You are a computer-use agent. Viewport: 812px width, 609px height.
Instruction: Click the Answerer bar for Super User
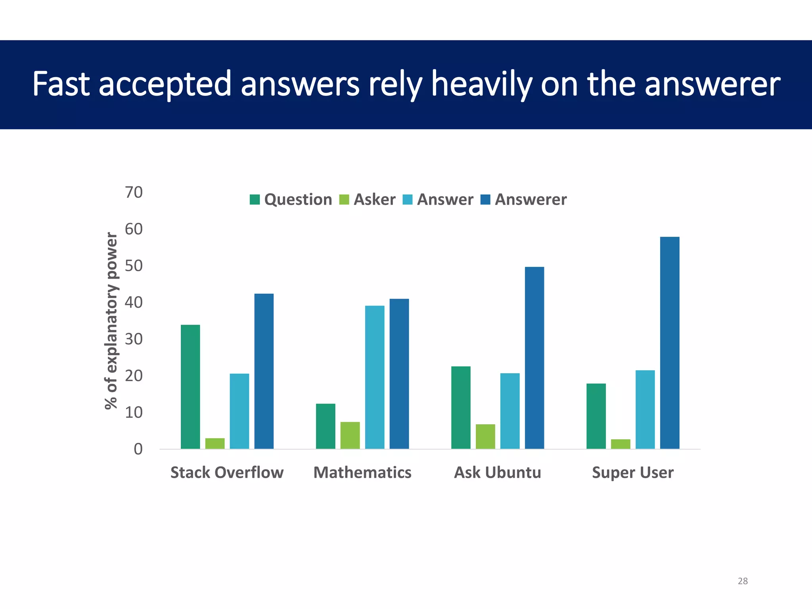tap(670, 343)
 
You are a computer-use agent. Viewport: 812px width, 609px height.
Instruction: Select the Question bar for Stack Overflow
tap(190, 387)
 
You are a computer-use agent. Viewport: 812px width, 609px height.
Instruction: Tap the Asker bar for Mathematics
tap(350, 435)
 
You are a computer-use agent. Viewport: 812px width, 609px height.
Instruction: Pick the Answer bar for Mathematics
tap(375, 377)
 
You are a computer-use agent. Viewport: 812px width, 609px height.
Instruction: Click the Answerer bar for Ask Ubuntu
tap(534, 358)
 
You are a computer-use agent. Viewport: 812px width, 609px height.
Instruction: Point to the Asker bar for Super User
tap(620, 444)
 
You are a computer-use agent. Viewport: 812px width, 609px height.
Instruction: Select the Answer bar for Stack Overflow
tap(239, 411)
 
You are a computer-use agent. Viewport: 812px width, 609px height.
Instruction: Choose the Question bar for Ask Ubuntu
tap(461, 408)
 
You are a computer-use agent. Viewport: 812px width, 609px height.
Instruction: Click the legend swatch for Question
tap(255, 199)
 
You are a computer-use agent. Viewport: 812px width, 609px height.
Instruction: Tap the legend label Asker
tap(374, 199)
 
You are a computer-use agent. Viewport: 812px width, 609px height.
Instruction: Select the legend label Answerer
tap(530, 199)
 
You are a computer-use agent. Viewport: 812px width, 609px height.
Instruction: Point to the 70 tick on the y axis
tap(134, 192)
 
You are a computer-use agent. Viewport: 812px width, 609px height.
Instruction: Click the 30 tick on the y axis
tap(134, 339)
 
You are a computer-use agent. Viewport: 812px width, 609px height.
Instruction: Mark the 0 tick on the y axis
tap(138, 449)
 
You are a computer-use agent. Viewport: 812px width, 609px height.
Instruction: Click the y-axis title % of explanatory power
tap(111, 320)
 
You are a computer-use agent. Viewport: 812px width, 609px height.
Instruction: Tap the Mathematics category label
tap(362, 473)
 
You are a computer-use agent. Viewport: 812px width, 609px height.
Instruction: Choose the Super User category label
tap(633, 473)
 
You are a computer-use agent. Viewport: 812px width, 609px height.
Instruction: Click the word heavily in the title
tap(481, 84)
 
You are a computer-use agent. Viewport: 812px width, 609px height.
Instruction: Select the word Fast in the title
tap(61, 84)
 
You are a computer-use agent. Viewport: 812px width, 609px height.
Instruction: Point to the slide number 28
tap(743, 581)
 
